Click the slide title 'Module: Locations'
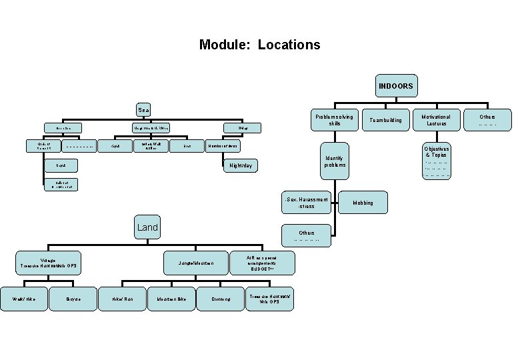tap(259, 45)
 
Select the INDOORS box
tap(395, 86)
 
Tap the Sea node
tap(143, 109)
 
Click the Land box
tap(147, 228)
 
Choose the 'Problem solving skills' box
tap(335, 120)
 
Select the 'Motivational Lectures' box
tap(437, 120)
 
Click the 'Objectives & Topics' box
tap(437, 160)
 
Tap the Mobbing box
tap(363, 203)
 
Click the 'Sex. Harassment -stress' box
tap(306, 202)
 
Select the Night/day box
tap(241, 165)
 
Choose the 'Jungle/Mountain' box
tap(196, 264)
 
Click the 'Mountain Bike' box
tap(171, 299)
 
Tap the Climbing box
tap(221, 299)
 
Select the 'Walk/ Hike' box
tap(23, 299)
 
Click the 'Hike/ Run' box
tap(123, 299)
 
